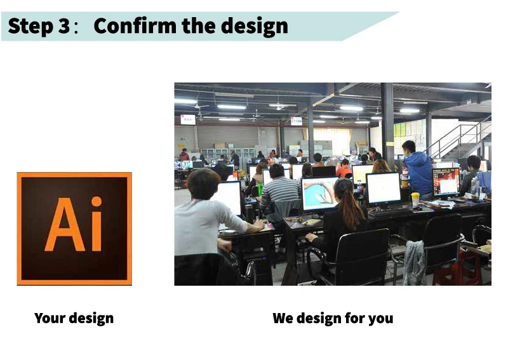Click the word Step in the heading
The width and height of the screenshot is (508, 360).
[30, 26]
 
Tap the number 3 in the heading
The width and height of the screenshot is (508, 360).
[64, 26]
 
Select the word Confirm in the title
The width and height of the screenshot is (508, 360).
[135, 25]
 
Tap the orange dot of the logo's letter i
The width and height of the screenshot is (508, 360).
[97, 201]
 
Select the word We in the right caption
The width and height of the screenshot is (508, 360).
[283, 318]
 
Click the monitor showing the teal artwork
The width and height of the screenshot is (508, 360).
[319, 194]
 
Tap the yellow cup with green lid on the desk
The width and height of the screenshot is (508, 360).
[415, 199]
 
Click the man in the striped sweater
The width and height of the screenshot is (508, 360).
[279, 190]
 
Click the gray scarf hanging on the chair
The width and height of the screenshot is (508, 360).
[414, 262]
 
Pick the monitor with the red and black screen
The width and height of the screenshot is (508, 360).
[446, 182]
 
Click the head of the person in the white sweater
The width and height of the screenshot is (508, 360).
[203, 183]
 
